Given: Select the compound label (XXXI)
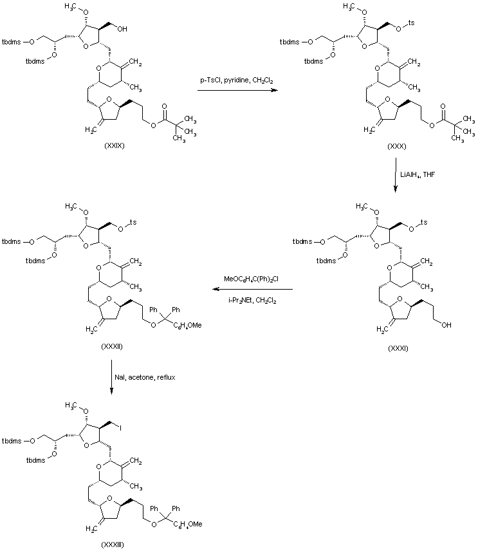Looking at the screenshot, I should pyautogui.click(x=398, y=348).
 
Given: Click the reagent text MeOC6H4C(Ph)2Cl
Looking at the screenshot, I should pyautogui.click(x=251, y=279).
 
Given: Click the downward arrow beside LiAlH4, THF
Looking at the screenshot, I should pyautogui.click(x=395, y=174).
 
